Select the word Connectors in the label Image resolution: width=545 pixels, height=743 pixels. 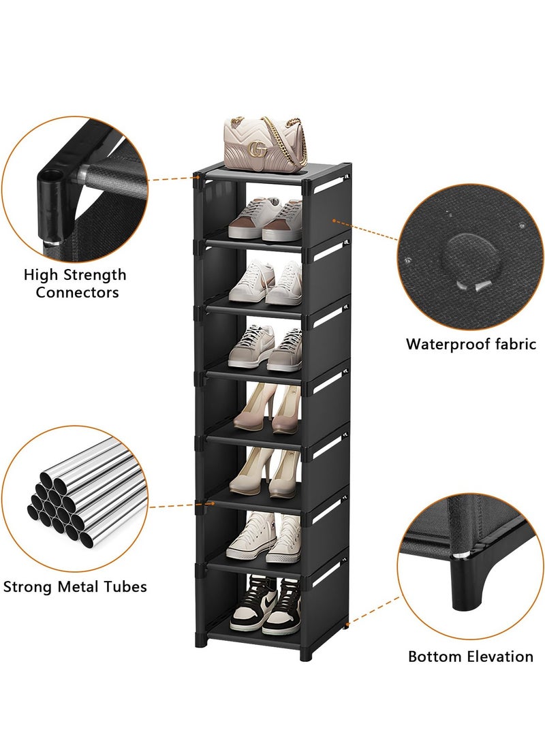(77, 293)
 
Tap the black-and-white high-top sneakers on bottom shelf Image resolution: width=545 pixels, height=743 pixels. (266, 605)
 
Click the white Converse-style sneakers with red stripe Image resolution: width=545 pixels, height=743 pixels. (264, 538)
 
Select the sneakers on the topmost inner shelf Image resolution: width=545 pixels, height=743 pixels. (266, 219)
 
